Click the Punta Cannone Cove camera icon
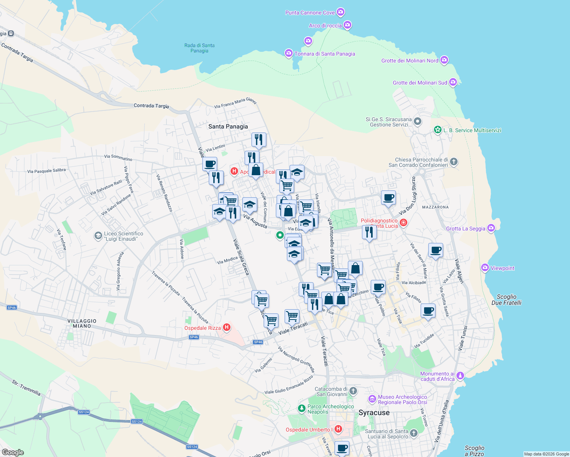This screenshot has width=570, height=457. point(341,12)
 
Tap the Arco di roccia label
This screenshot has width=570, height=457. point(325,26)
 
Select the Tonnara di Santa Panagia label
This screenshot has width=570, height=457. point(325,54)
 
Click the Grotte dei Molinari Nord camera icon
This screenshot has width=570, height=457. point(444,60)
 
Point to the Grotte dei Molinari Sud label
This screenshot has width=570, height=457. point(420,83)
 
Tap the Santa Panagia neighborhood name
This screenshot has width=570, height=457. point(228,126)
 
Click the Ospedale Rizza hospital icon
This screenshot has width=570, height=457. point(227,327)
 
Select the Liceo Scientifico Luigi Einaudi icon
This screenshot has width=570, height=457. point(98,236)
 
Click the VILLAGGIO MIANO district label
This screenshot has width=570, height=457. point(82,323)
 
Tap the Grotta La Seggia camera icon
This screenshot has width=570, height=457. point(491,228)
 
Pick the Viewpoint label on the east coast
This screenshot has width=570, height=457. point(502,268)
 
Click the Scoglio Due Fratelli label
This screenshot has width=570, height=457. point(506,300)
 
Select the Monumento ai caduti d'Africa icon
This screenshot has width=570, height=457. point(460,376)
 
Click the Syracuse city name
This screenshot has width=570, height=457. point(374,413)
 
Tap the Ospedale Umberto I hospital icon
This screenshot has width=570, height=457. point(338,429)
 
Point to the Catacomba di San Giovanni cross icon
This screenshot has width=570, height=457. point(353,391)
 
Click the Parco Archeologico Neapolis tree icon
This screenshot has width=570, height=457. point(301,409)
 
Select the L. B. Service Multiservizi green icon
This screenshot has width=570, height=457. point(437,130)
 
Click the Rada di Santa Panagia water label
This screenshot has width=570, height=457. point(199,48)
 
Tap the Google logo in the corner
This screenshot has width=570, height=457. point(13,452)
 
